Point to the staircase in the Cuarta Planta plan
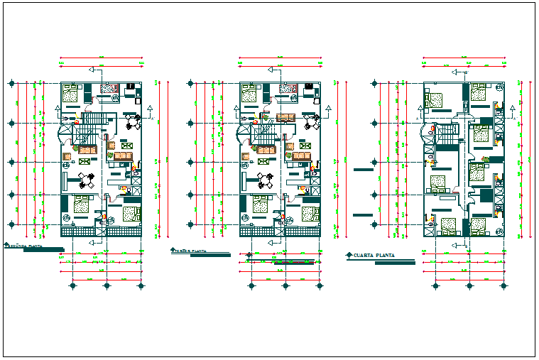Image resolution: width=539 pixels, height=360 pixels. (447, 135)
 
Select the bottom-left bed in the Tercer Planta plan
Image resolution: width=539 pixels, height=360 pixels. (259, 207)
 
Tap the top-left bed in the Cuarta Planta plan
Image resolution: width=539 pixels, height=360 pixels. (435, 99)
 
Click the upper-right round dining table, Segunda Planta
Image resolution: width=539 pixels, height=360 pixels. (133, 122)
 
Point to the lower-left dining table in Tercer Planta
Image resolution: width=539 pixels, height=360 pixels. (267, 180)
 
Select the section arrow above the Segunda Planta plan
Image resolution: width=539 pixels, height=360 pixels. (94, 69)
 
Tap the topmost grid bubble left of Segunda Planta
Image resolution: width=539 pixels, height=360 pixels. (11, 84)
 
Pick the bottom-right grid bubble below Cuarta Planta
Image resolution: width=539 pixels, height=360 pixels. (504, 286)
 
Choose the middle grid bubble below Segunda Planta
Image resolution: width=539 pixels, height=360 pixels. (107, 286)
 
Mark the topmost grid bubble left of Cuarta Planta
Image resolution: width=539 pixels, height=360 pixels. (374, 84)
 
